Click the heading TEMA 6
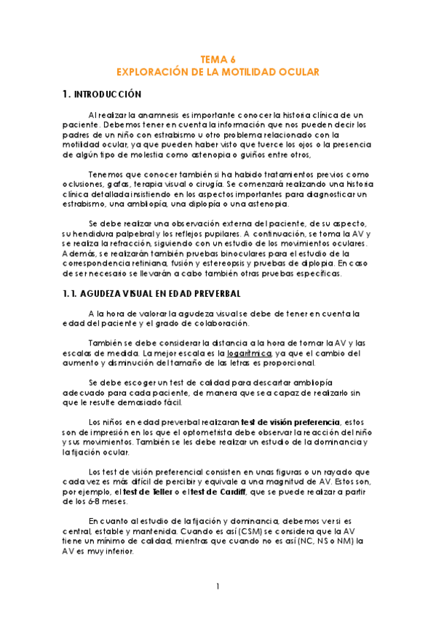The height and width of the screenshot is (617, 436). (218, 60)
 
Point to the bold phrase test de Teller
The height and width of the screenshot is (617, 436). (151, 493)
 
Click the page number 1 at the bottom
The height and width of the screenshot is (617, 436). (218, 586)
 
